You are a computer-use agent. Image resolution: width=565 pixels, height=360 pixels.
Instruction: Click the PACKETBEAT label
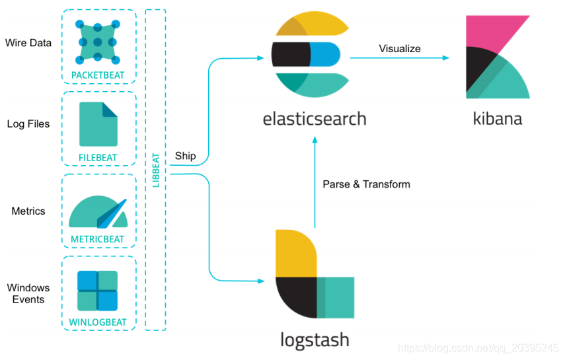click(98, 75)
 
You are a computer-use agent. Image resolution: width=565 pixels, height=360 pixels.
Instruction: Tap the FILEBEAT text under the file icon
click(98, 158)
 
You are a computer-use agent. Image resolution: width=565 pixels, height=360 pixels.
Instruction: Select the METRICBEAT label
click(98, 239)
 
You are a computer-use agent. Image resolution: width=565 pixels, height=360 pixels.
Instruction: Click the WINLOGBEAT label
click(98, 322)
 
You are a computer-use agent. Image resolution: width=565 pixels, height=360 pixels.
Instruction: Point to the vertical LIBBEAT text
click(156, 171)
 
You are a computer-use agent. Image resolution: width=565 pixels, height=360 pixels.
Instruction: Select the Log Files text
click(28, 124)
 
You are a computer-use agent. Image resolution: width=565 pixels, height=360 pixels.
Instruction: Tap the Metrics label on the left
click(28, 211)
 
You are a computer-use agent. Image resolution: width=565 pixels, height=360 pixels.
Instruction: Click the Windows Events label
click(28, 293)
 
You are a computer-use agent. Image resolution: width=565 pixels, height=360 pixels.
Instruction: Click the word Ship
click(185, 156)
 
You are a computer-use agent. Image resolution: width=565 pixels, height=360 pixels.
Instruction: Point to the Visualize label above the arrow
click(399, 48)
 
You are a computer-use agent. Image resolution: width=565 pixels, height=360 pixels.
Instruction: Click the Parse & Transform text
click(366, 184)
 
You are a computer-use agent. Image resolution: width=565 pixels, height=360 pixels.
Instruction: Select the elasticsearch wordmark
click(314, 119)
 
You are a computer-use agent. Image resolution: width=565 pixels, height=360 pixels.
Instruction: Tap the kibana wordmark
click(497, 119)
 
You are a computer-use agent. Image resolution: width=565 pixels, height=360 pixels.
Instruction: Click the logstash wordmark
click(314, 340)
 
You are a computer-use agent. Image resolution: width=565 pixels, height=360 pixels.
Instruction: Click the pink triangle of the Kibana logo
click(489, 30)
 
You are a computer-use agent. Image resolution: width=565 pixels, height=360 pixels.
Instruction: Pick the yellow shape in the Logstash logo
click(295, 254)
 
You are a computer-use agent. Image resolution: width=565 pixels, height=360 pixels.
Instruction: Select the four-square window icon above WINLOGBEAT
click(98, 291)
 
